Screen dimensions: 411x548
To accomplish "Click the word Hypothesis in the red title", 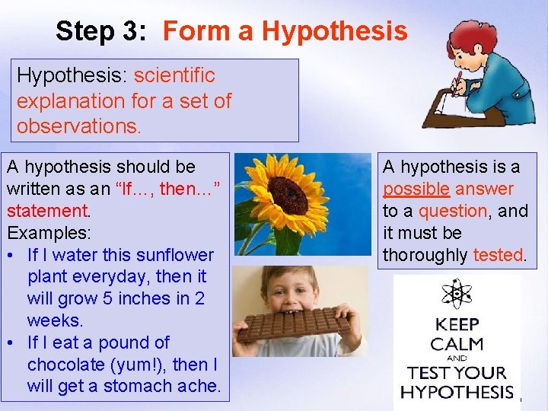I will point(334,31).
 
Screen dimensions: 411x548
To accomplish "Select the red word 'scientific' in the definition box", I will point(174,76).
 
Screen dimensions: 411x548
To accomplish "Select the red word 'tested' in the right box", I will point(498,255).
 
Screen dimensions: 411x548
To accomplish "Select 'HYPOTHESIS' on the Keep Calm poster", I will point(457,392).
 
